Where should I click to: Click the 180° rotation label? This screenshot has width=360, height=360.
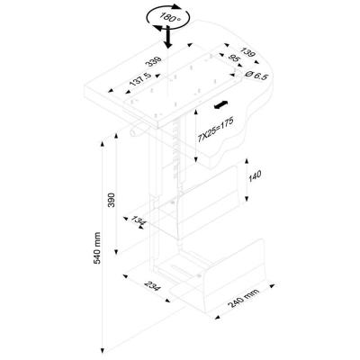(170, 17)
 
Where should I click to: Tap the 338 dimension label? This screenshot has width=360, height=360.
(153, 61)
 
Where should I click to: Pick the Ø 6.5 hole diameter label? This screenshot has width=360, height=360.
(256, 75)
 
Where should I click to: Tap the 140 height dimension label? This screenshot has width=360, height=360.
(255, 176)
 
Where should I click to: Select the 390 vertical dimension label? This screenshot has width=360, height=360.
(112, 200)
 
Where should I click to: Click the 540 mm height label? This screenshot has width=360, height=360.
(97, 247)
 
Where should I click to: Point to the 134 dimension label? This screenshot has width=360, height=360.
(139, 221)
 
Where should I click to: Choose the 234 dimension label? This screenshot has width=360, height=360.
(153, 286)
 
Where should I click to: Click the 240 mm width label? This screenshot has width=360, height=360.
(244, 299)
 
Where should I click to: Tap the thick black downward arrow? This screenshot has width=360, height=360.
(168, 37)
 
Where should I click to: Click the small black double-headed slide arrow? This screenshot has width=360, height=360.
(221, 104)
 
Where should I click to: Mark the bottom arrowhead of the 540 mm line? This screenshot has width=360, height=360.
(103, 349)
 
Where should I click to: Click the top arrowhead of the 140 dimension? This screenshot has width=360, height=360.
(247, 162)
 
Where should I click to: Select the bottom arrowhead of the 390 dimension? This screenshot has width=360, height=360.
(116, 251)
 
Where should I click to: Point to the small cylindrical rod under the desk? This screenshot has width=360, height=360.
(137, 131)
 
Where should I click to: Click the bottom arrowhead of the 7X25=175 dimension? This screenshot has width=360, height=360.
(195, 159)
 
